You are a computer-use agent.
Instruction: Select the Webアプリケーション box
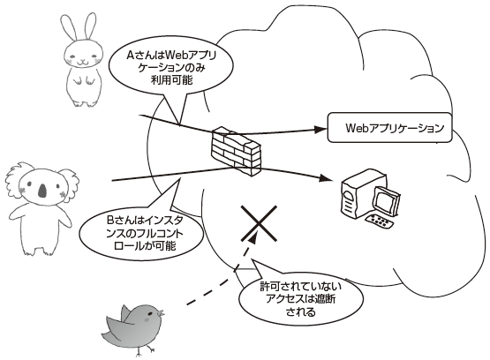pos(389,128)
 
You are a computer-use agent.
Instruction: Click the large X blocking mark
pos(259,223)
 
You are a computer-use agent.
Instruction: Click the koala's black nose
pos(41,190)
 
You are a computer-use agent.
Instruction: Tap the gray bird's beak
pos(162,312)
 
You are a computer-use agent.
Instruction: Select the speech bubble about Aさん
pos(171,69)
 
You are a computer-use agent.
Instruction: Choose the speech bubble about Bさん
pos(141,232)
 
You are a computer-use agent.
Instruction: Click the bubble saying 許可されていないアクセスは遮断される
pos(301,299)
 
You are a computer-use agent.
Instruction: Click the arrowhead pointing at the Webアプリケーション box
pos(320,129)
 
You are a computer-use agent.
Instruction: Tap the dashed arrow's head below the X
pos(253,237)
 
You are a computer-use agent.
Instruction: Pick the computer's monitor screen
pos(384,199)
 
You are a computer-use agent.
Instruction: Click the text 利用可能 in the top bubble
pos(171,80)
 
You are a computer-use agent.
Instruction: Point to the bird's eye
pos(152,313)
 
